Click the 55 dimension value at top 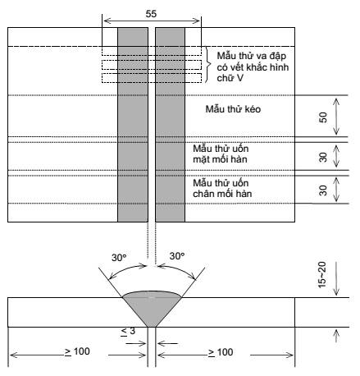coord(151,14)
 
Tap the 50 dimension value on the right coord(323,117)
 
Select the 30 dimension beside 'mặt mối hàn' coord(323,158)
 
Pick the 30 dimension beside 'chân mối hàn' coord(323,190)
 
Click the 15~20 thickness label coord(322,275)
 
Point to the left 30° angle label coord(119,258)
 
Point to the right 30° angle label coord(177,256)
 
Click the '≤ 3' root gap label coord(128,331)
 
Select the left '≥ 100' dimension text coord(77,351)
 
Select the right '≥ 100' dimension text coord(221,352)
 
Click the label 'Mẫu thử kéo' coord(233,109)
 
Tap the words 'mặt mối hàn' coord(220,159)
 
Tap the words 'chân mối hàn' coord(222,194)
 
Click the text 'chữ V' coord(230,78)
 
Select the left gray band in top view coord(133,125)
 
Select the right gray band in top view coord(170,125)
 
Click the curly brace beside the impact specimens coord(208,65)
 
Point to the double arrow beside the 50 coord(336,117)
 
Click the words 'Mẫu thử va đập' coord(252,56)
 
